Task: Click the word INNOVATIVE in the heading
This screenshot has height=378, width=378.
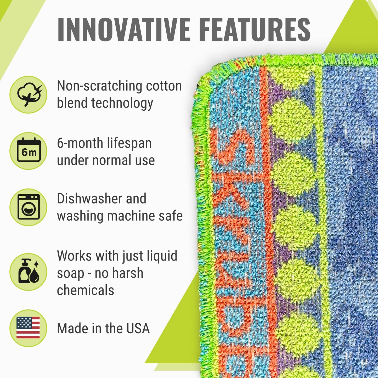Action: pyautogui.click(x=124, y=29)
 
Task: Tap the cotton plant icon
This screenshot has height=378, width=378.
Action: pyautogui.click(x=28, y=94)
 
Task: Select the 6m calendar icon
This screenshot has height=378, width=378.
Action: pyautogui.click(x=28, y=151)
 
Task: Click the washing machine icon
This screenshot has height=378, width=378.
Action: pyautogui.click(x=28, y=207)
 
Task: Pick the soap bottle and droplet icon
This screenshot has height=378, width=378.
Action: pyautogui.click(x=28, y=272)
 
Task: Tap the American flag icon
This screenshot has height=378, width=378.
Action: pyautogui.click(x=28, y=328)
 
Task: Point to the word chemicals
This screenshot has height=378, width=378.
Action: pyautogui.click(x=86, y=290)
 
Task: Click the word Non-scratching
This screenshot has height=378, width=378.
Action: pyautogui.click(x=99, y=86)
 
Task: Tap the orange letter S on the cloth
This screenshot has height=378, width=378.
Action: pyautogui.click(x=233, y=146)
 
